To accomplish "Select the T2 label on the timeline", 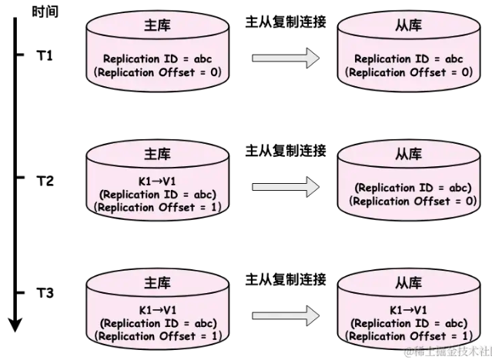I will [x=45, y=182].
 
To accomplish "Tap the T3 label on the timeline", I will [x=45, y=293].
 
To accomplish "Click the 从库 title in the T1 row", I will [x=408, y=26].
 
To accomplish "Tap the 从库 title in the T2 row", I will [x=408, y=154].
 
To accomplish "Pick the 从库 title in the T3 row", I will [x=408, y=283].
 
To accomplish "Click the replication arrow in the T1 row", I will [x=286, y=58].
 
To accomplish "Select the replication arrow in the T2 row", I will [x=286, y=185].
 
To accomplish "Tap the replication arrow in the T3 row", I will [x=286, y=313].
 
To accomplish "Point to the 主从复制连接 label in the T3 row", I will [x=286, y=278].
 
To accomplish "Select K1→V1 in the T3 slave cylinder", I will [x=408, y=310].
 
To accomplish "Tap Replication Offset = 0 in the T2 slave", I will [x=408, y=202].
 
